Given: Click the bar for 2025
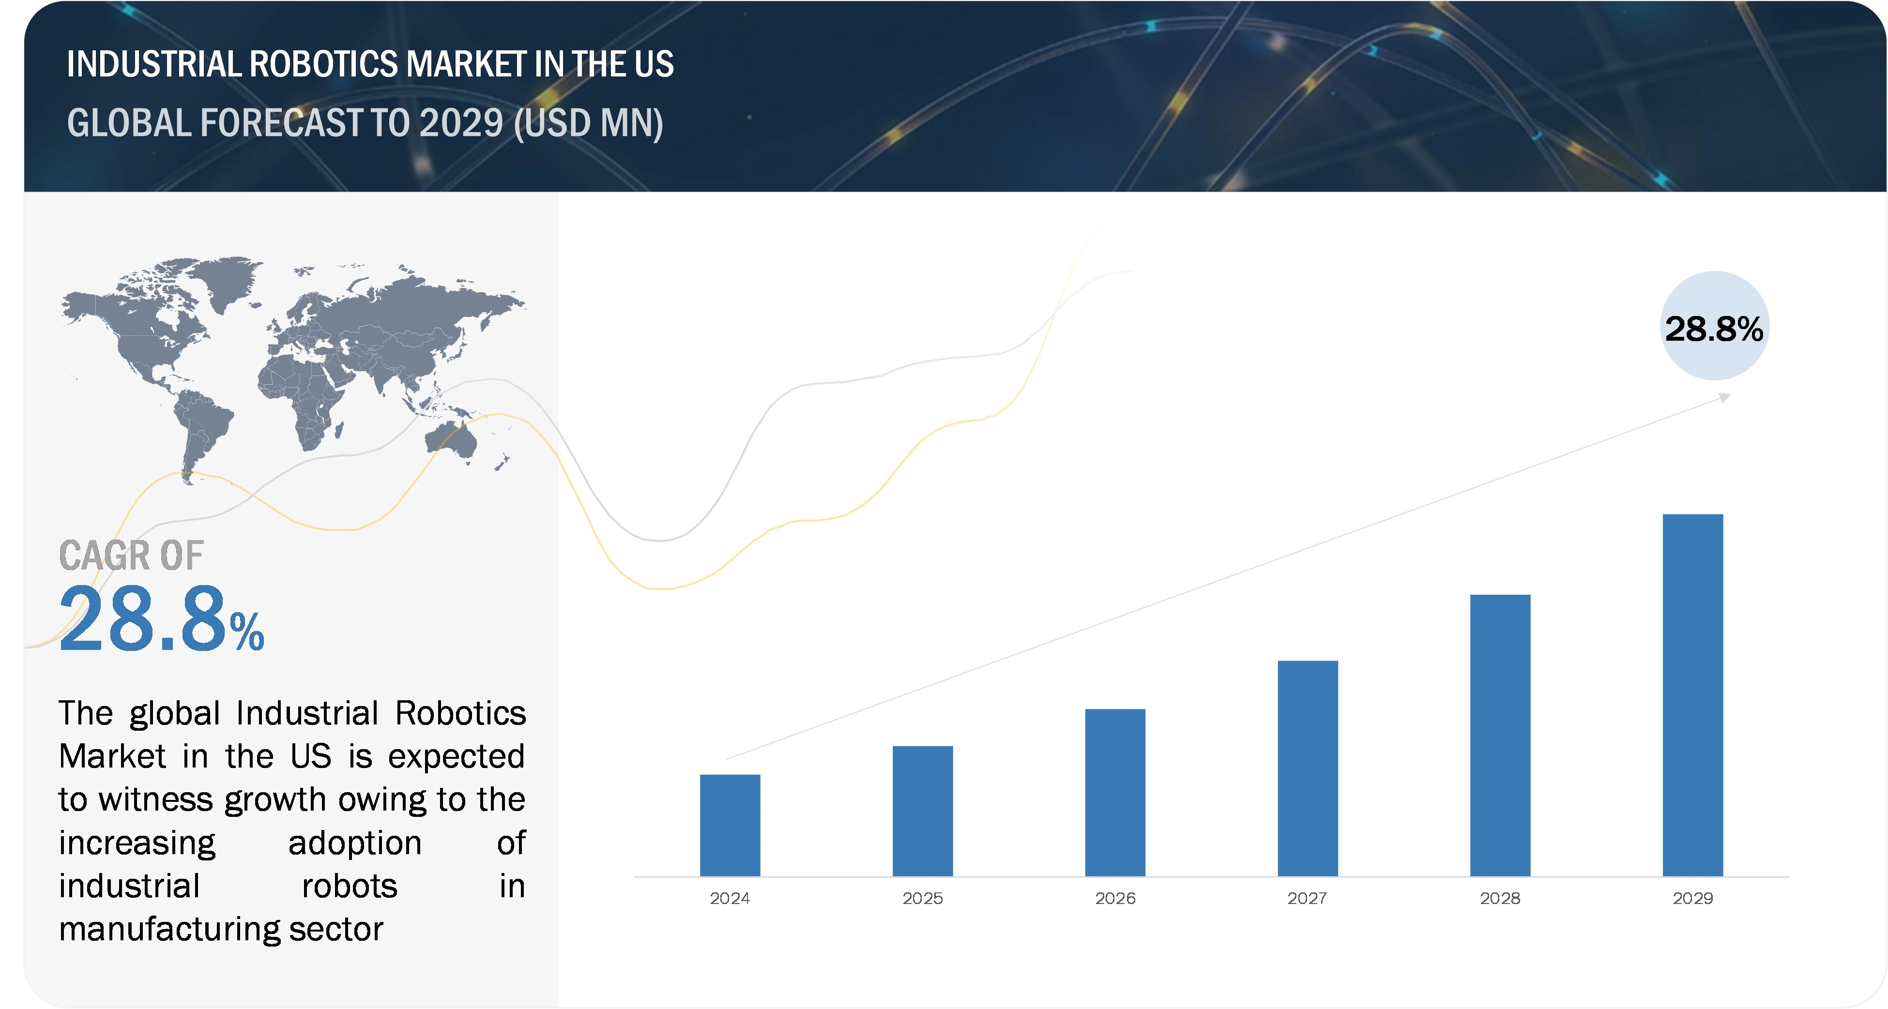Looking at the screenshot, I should click(922, 811).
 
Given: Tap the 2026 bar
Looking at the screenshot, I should click(1115, 792).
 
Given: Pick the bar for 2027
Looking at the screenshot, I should click(1308, 768).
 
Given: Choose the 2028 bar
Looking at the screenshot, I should click(1500, 735).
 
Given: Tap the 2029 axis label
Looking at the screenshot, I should click(1692, 898).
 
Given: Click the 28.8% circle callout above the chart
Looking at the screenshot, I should click(1714, 327).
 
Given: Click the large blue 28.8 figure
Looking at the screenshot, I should click(143, 619).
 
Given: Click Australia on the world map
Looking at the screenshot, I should click(451, 438).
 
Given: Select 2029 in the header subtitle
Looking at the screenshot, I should click(461, 123).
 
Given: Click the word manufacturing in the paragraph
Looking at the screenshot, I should click(168, 929).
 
